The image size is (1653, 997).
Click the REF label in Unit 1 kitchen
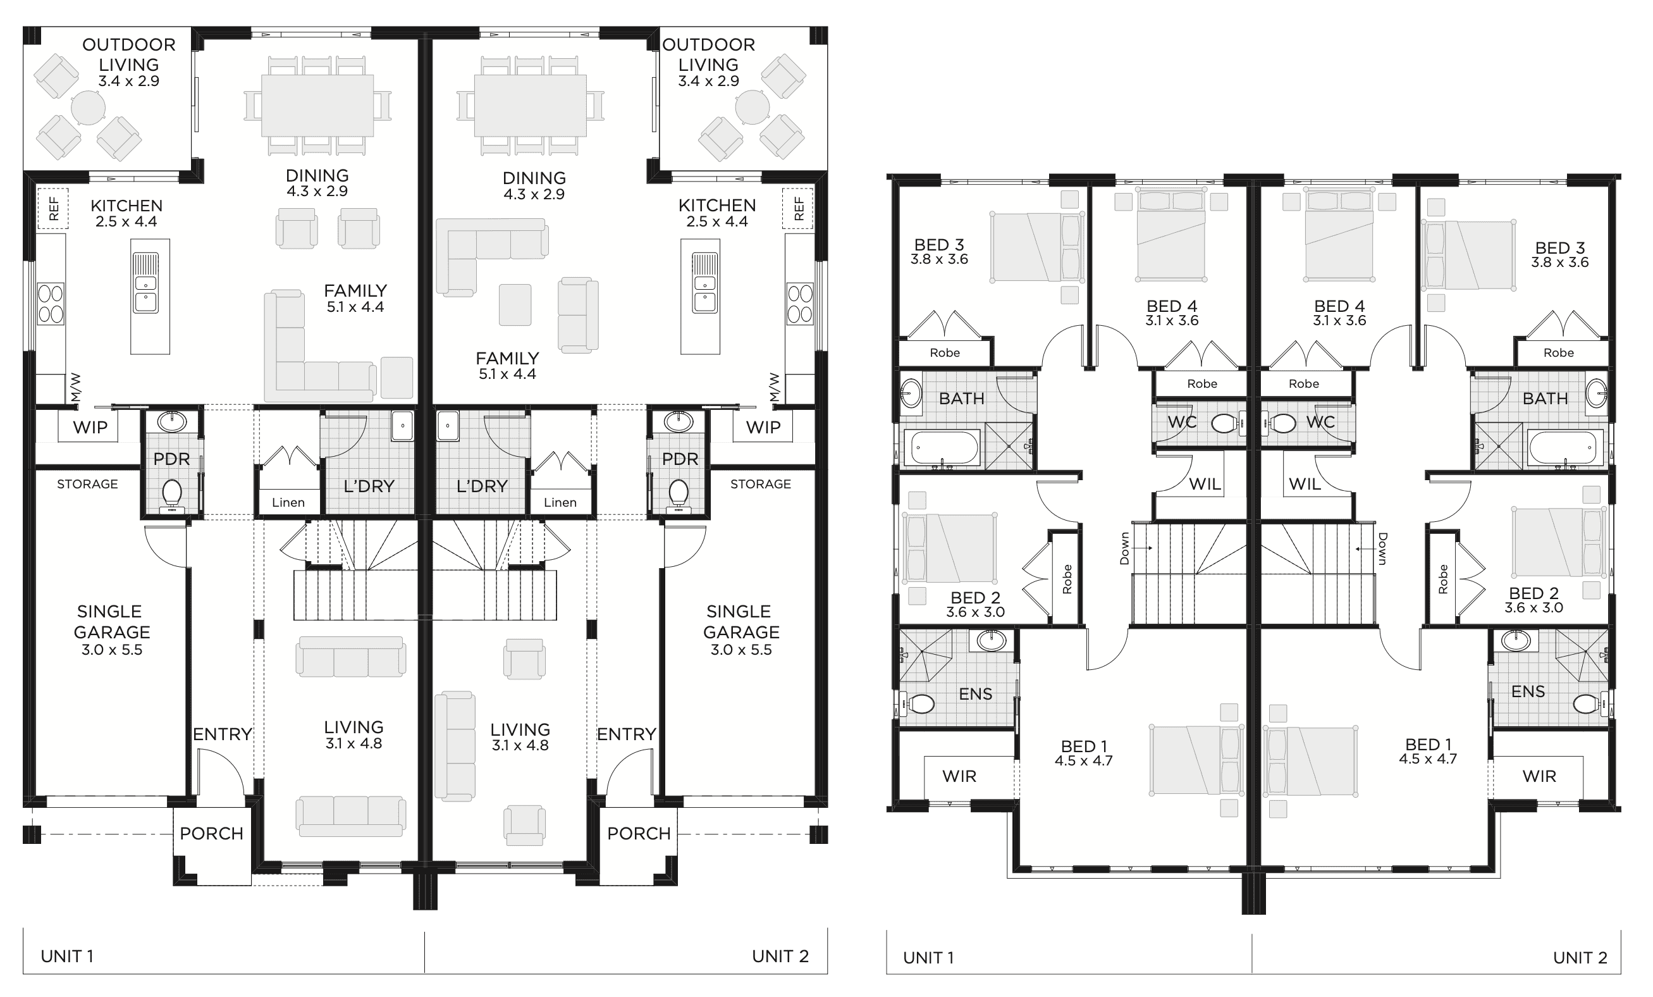tap(54, 209)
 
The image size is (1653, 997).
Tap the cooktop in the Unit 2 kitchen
tap(800, 304)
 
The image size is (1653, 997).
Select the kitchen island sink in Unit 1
tap(145, 283)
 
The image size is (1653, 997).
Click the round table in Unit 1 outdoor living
tap(88, 108)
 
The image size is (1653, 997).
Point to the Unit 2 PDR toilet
tap(679, 495)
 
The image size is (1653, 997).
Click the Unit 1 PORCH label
tap(211, 833)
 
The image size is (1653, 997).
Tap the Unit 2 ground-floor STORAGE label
tap(760, 484)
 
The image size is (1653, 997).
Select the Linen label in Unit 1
tap(288, 502)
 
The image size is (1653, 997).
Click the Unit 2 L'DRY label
tap(482, 486)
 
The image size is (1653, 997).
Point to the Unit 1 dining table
tap(317, 106)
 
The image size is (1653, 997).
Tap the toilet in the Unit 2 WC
tap(1281, 423)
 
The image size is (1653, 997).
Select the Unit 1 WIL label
tap(1204, 484)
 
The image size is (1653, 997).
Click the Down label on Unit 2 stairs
tap(1382, 549)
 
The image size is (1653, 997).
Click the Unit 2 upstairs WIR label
tap(1539, 776)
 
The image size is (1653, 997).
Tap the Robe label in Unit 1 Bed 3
tap(945, 352)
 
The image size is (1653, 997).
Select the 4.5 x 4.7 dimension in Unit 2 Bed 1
tap(1428, 759)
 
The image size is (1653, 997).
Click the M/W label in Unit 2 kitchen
tap(775, 387)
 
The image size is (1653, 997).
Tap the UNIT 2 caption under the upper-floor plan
tap(1580, 957)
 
